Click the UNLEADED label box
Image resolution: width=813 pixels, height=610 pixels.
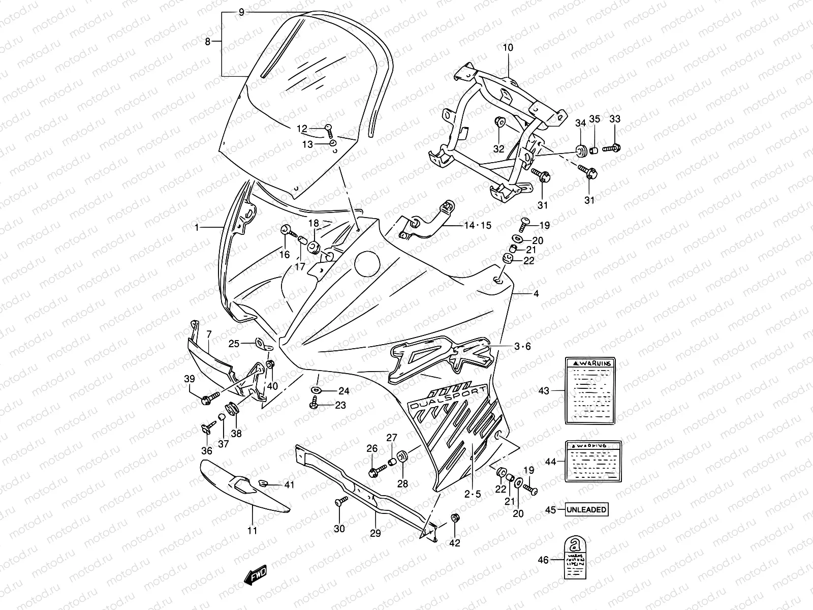[587, 509]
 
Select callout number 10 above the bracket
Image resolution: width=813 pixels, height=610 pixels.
[508, 47]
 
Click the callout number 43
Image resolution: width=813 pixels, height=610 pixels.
[544, 390]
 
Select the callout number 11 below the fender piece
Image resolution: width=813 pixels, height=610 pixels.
[252, 531]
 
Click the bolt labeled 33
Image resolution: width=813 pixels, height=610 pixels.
[612, 148]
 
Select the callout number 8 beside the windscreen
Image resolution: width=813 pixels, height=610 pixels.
[207, 42]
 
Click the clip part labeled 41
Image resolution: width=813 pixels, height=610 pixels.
[264, 483]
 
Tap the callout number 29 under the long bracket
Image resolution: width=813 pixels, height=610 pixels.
[375, 533]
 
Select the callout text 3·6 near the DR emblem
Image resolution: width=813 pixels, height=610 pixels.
[522, 346]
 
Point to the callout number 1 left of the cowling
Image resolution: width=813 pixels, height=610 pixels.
[197, 227]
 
